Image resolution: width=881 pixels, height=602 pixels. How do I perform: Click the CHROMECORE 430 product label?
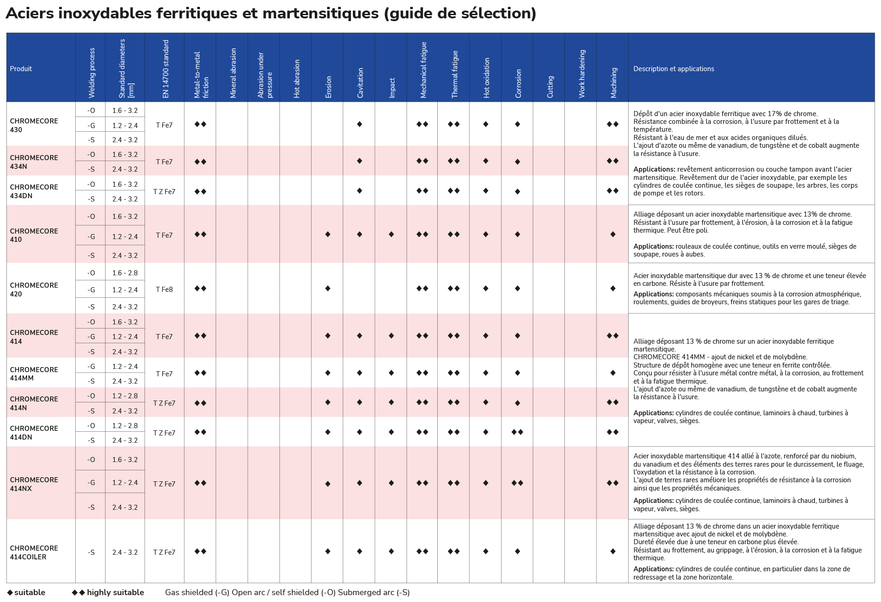click(x=34, y=125)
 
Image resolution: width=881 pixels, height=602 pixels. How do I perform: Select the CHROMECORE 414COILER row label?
click(x=34, y=552)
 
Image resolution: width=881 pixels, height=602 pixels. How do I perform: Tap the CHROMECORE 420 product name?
click(x=34, y=290)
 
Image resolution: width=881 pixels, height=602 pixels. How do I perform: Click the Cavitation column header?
click(x=360, y=83)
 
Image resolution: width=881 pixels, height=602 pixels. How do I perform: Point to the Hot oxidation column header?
click(x=487, y=78)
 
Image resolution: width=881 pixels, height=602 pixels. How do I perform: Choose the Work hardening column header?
click(x=582, y=74)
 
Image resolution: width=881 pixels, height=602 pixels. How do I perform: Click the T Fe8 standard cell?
click(x=164, y=290)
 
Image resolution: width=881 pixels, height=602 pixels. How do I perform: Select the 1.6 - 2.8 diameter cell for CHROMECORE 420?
click(x=125, y=273)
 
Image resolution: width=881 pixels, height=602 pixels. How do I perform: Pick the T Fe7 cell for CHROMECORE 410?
click(x=164, y=235)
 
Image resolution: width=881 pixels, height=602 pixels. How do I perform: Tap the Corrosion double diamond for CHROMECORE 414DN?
click(x=517, y=432)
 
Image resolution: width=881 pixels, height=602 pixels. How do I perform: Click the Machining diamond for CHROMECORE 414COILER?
click(x=613, y=552)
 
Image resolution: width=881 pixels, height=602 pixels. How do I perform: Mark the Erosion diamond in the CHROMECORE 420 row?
click(x=328, y=289)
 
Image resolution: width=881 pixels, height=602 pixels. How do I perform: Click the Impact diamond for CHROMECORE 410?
click(x=391, y=234)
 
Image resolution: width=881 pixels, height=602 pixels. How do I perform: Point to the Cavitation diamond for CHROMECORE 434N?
click(x=360, y=161)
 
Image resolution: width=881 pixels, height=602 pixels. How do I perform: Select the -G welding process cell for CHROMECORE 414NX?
click(x=91, y=483)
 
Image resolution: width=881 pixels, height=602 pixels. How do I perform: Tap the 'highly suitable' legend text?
click(x=116, y=592)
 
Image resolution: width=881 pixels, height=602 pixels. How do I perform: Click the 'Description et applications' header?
click(x=674, y=69)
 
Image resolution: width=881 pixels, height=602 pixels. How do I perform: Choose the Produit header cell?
click(x=21, y=69)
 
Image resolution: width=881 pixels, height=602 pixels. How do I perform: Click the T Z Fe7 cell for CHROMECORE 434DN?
click(x=164, y=192)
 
